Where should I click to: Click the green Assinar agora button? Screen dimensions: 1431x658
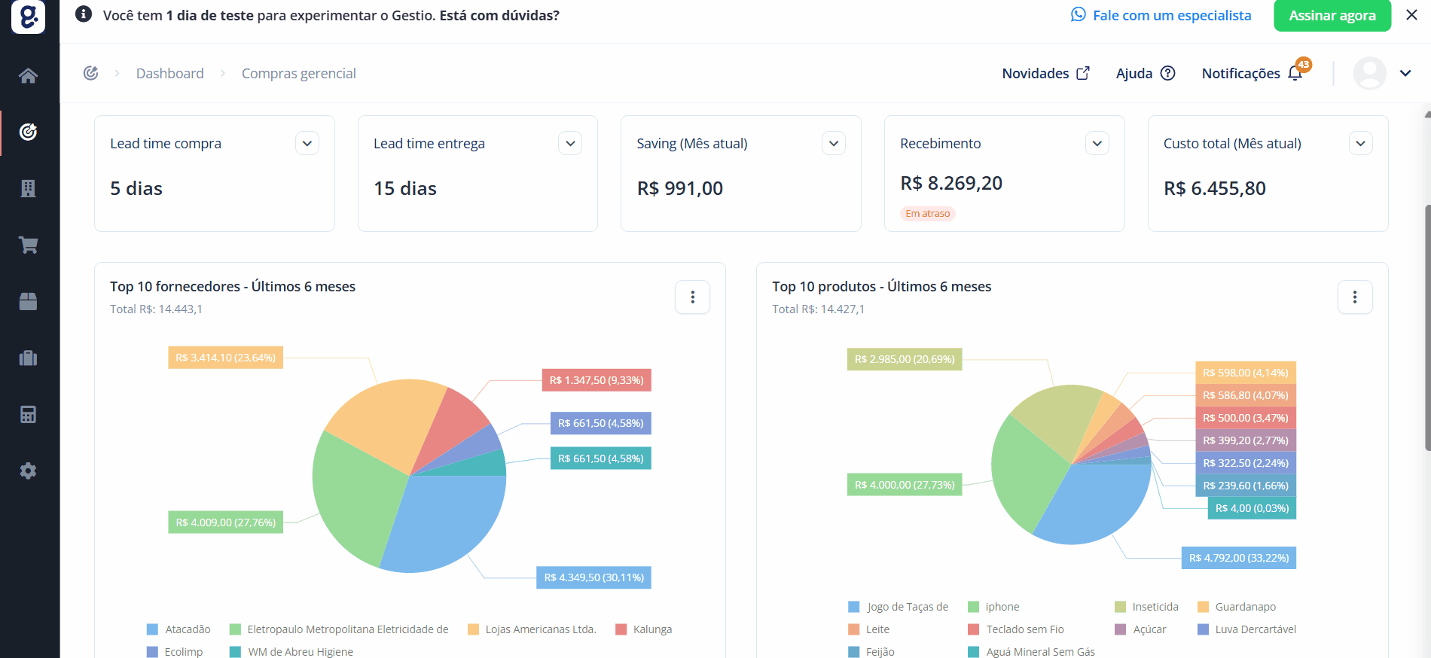point(1332,15)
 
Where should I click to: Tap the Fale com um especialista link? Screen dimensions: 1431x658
point(1161,15)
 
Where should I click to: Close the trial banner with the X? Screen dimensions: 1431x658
point(1411,15)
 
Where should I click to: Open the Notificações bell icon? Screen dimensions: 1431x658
point(1295,73)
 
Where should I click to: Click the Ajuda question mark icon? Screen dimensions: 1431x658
point(1167,73)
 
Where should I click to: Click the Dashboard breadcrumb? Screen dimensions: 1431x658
point(170,73)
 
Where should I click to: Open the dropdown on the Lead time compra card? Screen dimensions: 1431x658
point(307,143)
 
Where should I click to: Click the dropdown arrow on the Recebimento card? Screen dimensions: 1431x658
point(1097,143)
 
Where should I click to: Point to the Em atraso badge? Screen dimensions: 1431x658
point(928,214)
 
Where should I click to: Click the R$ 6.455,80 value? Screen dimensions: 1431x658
point(1215,188)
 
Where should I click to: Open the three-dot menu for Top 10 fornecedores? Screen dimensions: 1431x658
point(693,297)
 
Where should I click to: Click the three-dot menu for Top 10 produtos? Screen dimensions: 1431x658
point(1355,297)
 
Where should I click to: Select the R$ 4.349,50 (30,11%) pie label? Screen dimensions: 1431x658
point(594,577)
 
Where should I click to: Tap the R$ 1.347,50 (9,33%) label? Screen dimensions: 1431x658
point(597,380)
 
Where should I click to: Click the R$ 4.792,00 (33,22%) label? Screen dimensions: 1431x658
point(1239,558)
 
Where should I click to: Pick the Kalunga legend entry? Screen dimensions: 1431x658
point(644,629)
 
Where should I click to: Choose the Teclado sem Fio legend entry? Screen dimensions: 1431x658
point(1016,629)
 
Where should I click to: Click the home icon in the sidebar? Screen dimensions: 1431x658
point(29,75)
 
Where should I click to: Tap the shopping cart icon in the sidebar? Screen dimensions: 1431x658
point(29,245)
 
